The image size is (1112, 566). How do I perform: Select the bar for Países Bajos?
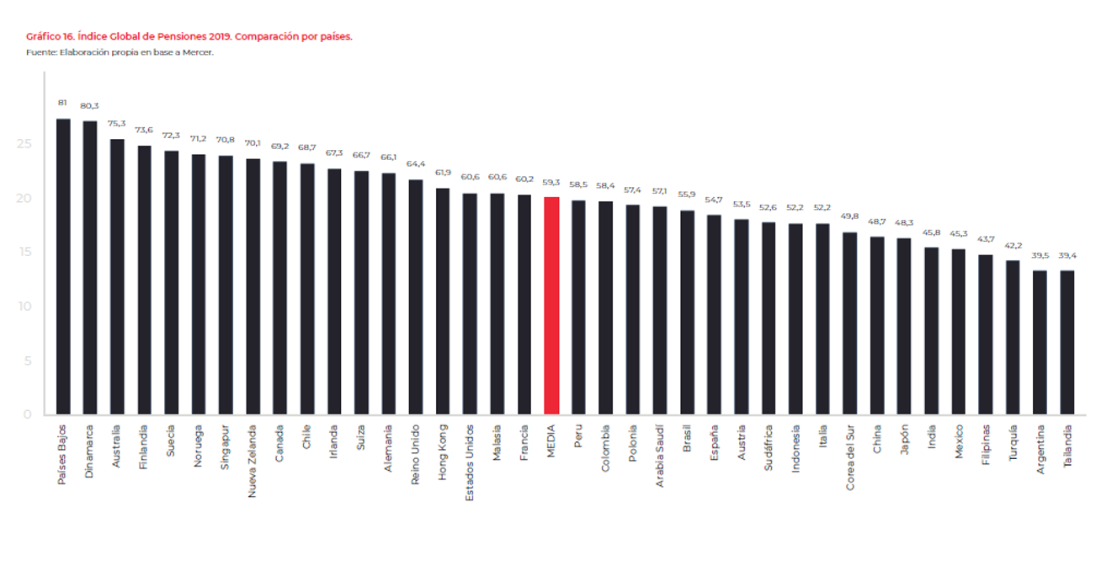click(x=63, y=266)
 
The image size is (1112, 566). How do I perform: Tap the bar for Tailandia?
click(x=1067, y=342)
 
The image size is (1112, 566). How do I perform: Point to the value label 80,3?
click(x=89, y=106)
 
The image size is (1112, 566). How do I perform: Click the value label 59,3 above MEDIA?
click(x=551, y=182)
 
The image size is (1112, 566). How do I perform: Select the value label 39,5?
click(x=1040, y=256)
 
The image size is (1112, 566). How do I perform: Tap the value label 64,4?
click(x=416, y=164)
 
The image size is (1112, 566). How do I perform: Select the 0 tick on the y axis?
click(x=27, y=414)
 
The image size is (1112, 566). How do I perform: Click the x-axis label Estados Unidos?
click(x=471, y=462)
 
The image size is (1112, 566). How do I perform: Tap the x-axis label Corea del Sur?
click(x=850, y=459)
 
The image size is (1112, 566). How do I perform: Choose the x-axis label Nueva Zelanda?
click(x=253, y=461)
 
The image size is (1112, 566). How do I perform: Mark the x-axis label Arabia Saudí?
click(x=660, y=457)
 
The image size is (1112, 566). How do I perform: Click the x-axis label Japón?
click(x=904, y=440)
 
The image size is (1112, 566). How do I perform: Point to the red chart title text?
click(x=189, y=37)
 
